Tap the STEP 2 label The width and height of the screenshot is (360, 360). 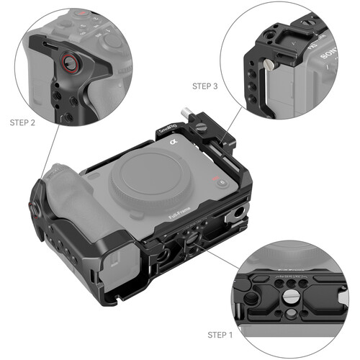click(x=22, y=122)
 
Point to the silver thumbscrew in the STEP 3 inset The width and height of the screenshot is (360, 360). click(x=268, y=66)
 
